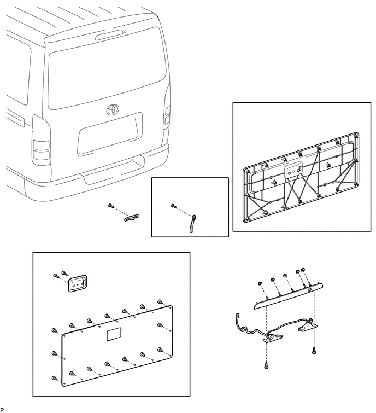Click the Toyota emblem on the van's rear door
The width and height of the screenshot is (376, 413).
[113, 109]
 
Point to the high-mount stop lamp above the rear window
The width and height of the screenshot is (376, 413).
[110, 36]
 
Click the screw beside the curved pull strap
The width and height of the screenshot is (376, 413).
[174, 206]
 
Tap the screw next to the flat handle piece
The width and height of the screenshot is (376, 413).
[111, 206]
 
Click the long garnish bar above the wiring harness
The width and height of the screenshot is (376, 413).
[287, 295]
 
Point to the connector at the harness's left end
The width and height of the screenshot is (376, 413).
[238, 316]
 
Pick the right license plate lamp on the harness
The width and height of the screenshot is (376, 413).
[308, 327]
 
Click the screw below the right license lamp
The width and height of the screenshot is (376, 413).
[314, 349]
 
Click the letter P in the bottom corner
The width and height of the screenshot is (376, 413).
[2, 410]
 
